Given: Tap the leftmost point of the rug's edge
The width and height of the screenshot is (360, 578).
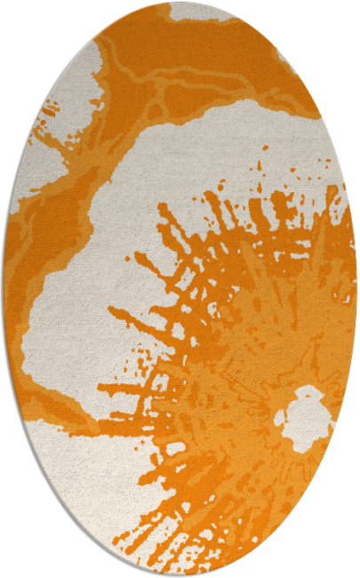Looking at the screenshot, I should tap(3, 289).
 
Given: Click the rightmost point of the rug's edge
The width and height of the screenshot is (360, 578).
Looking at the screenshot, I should tap(357, 289).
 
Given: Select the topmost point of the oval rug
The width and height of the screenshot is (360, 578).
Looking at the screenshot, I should tap(180, 3).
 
